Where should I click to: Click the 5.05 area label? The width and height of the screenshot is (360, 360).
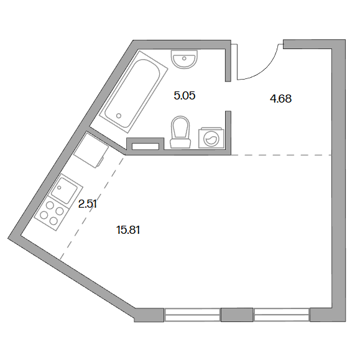(x=185, y=96)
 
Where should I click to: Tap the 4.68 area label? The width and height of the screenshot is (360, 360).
(x=280, y=99)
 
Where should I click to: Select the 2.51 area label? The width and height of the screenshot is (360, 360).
(x=87, y=204)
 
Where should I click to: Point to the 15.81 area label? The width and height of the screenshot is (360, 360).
(x=128, y=230)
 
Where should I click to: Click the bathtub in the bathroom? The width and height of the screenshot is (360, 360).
(x=134, y=92)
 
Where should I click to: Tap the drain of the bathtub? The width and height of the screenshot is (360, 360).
(x=119, y=116)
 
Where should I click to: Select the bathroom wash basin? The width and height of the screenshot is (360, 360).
(x=184, y=60)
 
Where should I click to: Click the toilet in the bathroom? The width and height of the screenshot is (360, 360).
(x=180, y=132)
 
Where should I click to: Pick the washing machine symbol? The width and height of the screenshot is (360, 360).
(x=211, y=138)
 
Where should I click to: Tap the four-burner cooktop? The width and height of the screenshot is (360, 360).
(x=52, y=213)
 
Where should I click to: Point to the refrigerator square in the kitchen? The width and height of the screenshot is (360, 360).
(x=91, y=150)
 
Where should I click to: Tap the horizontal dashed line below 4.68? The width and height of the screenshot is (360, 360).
(x=282, y=155)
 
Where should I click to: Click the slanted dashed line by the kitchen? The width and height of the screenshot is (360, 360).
(x=92, y=207)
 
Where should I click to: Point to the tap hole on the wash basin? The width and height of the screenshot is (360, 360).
(x=184, y=58)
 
